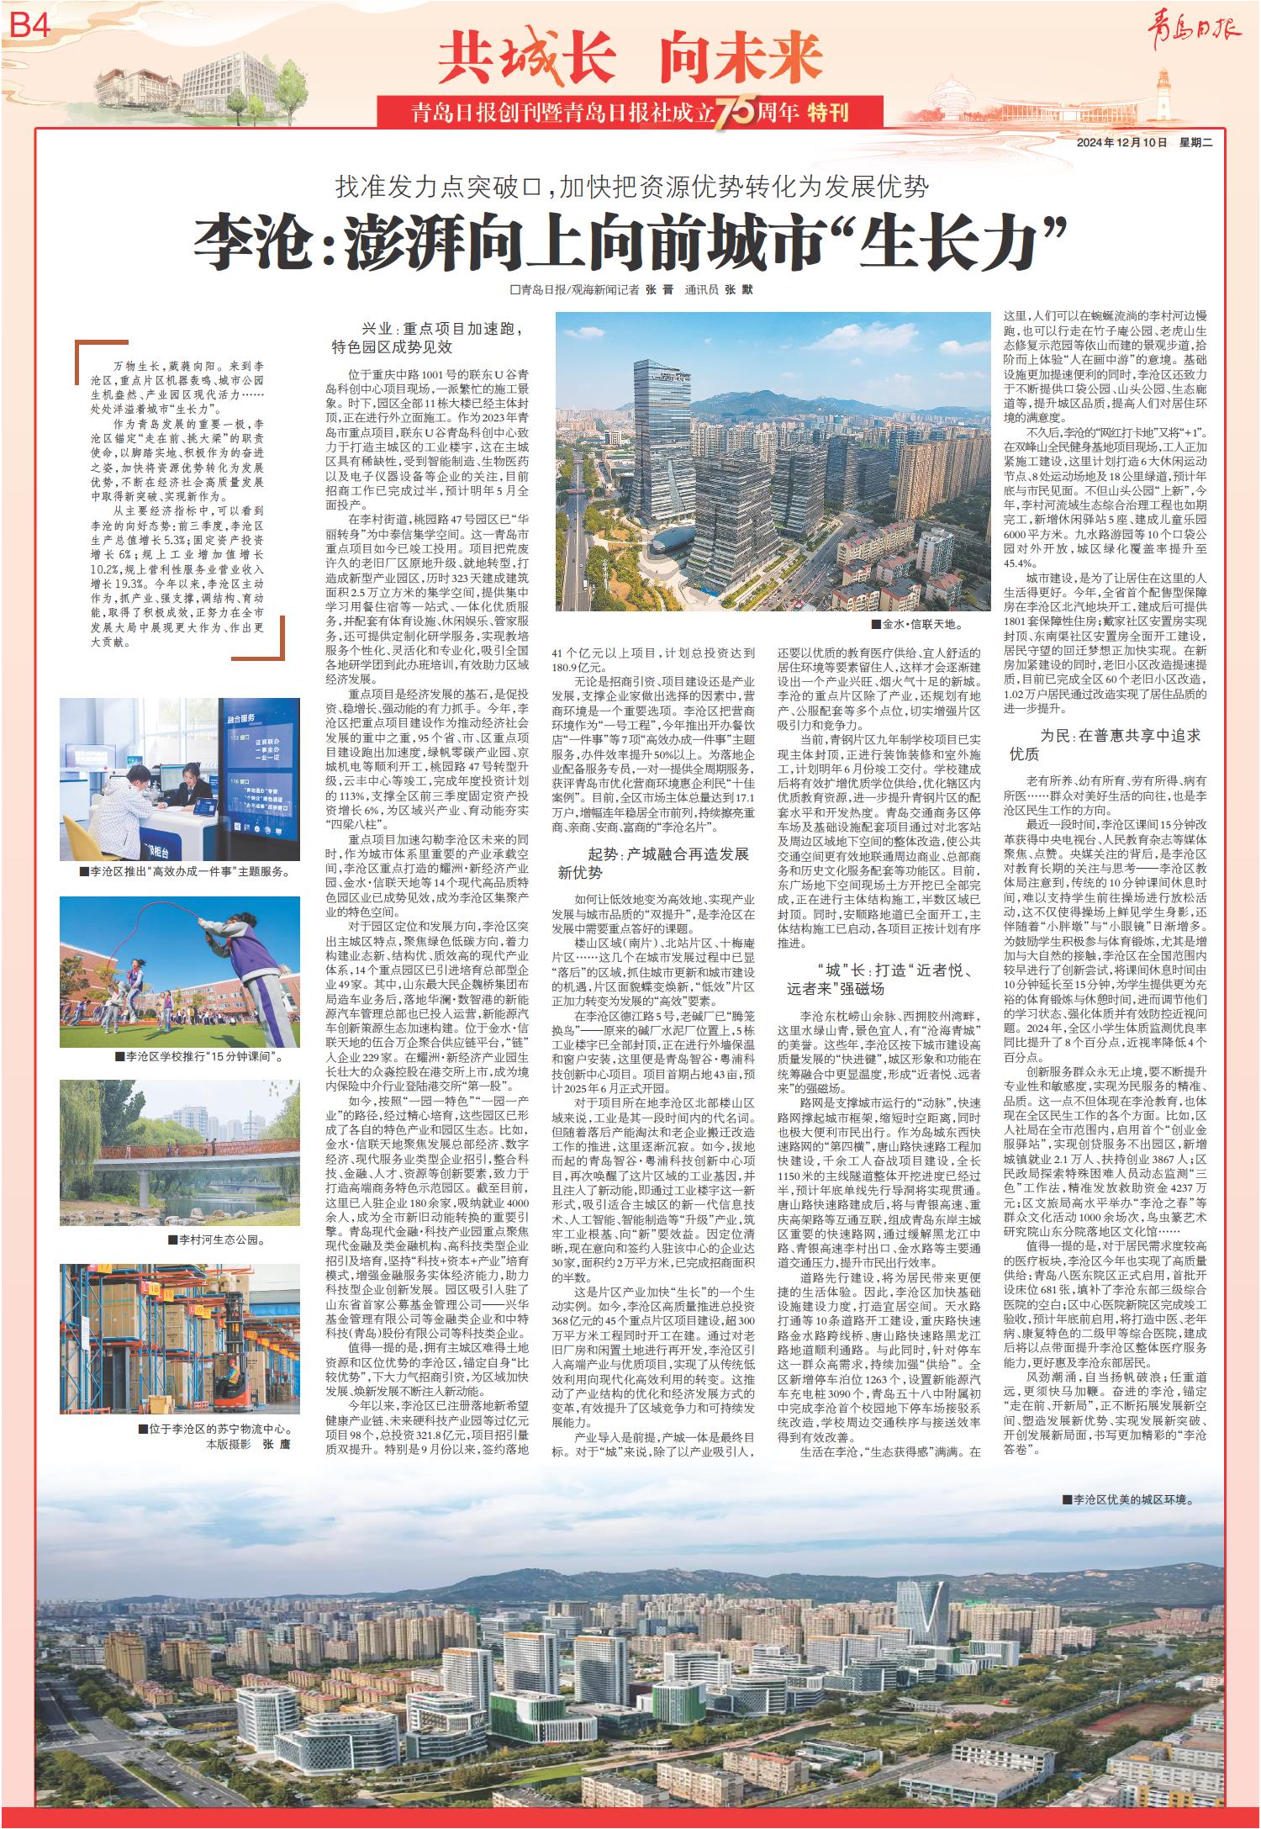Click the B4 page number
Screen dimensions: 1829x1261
[x=32, y=27]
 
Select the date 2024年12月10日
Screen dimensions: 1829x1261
[x=1122, y=143]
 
